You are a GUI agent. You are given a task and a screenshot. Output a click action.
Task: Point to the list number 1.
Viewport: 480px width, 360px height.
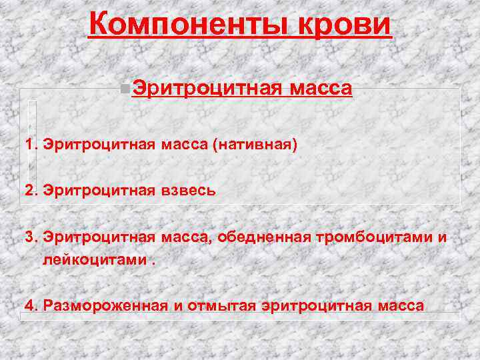(29, 145)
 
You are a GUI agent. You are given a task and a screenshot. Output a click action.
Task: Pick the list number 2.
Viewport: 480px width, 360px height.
(29, 191)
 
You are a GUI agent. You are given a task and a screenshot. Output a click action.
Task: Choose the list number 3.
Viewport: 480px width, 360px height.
(29, 238)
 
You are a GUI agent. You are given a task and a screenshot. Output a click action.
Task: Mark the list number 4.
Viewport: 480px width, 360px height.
(29, 306)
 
